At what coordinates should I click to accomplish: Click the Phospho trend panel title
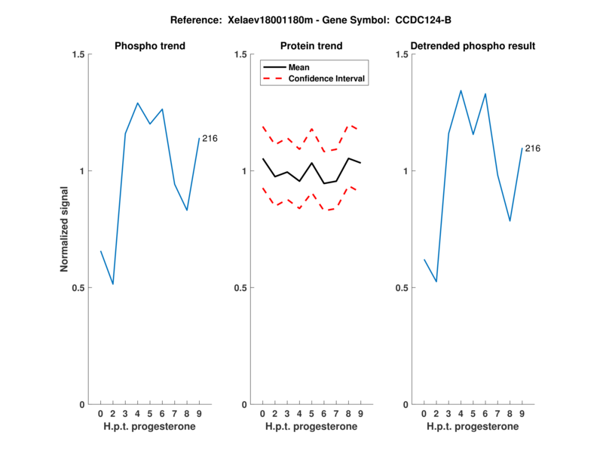point(149,46)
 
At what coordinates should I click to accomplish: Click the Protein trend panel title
point(311,46)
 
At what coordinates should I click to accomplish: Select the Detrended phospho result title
point(473,46)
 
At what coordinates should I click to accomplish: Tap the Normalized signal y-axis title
point(65,229)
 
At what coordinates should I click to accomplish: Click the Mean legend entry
point(298,67)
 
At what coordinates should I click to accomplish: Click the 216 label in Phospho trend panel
point(210,138)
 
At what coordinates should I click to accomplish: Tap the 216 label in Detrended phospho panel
point(532,149)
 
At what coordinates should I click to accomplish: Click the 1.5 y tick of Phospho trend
point(76,54)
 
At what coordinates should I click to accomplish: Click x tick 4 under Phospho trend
point(137,413)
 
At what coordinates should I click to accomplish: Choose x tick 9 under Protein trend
point(360,413)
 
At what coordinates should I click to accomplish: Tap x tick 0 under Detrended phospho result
point(424,413)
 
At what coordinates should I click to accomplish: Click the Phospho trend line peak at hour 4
point(137,103)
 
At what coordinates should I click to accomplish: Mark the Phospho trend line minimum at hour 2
point(113,284)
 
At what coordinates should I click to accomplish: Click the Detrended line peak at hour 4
point(461,90)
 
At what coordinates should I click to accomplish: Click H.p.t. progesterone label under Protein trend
point(311,427)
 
